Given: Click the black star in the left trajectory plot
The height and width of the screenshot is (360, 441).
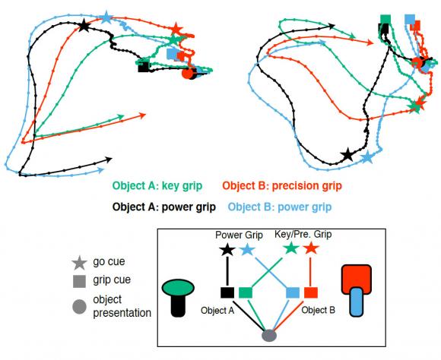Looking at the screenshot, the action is click(84, 26).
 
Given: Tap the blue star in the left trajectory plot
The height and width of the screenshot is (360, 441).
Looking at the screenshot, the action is click(106, 17).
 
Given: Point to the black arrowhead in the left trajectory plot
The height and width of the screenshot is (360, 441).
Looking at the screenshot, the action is click(109, 160).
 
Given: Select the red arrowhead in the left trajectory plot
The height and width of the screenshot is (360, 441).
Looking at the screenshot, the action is click(143, 115).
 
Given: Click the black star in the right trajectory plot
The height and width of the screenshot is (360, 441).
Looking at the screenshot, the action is click(347, 155).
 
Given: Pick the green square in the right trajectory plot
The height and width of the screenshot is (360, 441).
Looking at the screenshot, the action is click(385, 20).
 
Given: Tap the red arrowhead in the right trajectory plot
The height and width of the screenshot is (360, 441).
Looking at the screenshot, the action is click(370, 43).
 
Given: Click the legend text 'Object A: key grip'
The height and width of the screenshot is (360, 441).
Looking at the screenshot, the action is click(157, 186).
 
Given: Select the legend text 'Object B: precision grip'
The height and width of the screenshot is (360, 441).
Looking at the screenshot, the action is click(282, 186).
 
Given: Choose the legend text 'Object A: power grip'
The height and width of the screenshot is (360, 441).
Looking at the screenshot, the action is click(164, 207).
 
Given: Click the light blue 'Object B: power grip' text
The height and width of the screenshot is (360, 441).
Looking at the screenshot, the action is click(280, 207).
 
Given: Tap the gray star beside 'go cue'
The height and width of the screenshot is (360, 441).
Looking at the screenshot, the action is click(79, 263).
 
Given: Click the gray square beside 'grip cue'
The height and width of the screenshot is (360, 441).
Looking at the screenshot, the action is click(79, 281).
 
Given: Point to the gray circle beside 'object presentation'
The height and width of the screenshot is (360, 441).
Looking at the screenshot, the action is click(79, 307).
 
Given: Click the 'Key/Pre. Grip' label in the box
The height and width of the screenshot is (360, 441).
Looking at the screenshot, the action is click(303, 234).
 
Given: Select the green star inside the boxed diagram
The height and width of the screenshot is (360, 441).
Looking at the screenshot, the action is click(290, 248).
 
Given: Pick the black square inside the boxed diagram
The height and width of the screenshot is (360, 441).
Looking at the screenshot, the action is click(227, 292).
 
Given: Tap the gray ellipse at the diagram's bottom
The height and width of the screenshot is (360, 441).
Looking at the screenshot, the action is click(269, 335).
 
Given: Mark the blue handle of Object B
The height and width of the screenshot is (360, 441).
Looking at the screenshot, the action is click(357, 302).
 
